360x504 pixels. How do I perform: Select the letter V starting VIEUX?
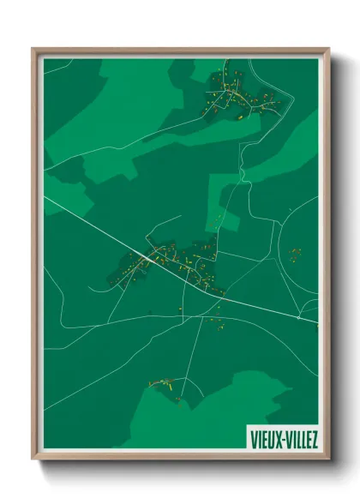click(x=253, y=439)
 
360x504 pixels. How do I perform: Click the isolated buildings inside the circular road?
click(x=296, y=254)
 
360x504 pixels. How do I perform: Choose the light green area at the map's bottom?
click(x=214, y=411)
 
